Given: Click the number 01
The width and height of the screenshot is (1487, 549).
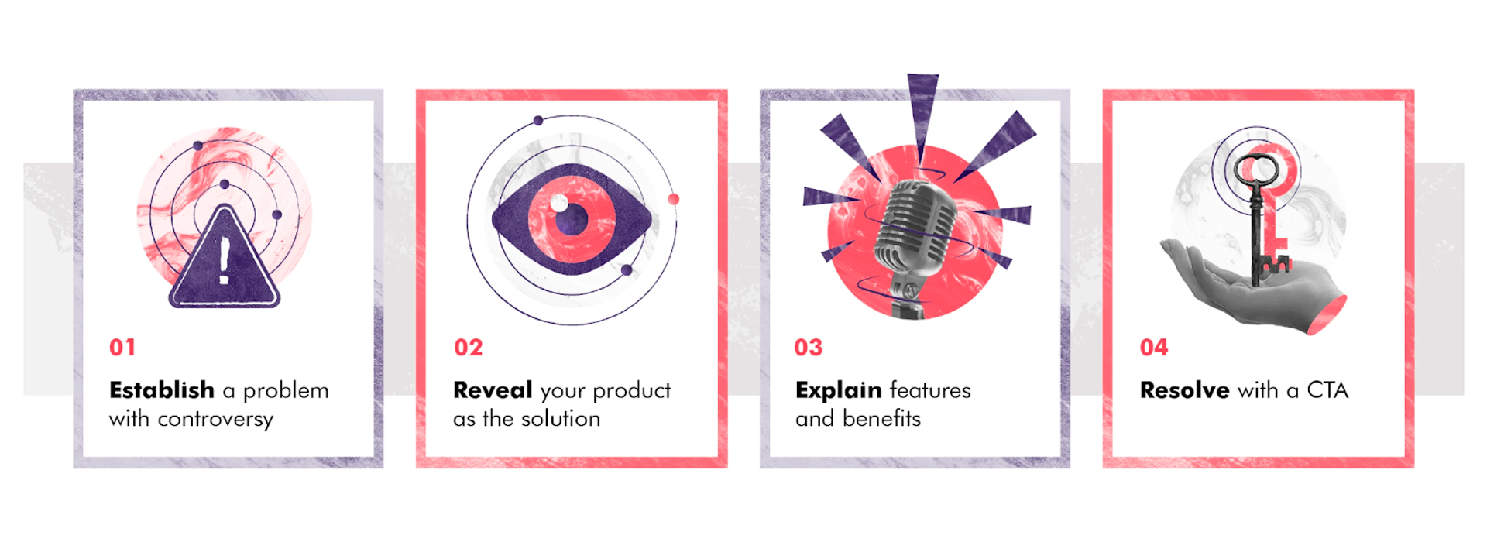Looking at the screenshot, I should (122, 348).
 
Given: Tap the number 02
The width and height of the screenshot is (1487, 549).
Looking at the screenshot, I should (468, 348).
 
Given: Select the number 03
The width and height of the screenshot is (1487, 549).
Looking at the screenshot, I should (809, 348).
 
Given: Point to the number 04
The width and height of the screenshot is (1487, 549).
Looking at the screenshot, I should (1154, 348).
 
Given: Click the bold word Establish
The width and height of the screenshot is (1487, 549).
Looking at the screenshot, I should (162, 390).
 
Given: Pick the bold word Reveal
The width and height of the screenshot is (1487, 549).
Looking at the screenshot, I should (493, 390).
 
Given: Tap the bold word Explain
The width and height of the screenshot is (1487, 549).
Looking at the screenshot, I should (839, 390).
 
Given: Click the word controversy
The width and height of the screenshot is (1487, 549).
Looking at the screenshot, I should (215, 420).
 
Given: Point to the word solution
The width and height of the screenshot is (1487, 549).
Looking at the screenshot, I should (560, 419).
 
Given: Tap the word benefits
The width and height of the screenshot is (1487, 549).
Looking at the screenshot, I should (881, 419).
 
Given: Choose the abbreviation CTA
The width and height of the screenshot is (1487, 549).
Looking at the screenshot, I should (1327, 390).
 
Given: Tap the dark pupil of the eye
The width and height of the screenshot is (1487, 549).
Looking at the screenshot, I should (572, 219).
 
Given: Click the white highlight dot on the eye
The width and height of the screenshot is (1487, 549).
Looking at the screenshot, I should (558, 204).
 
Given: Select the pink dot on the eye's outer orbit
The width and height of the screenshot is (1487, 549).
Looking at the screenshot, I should (673, 199).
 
